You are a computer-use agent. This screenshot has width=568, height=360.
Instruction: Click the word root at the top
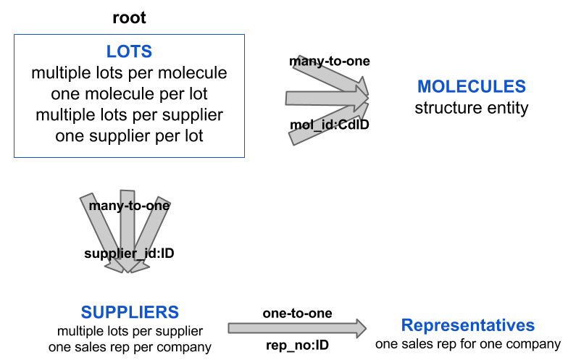pyautogui.click(x=129, y=17)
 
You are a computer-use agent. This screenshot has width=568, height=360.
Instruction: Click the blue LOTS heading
pyautogui.click(x=129, y=52)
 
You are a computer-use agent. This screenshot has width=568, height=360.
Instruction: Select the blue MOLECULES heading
pyautogui.click(x=471, y=87)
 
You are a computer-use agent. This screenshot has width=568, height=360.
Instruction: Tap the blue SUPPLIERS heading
pyautogui.click(x=130, y=312)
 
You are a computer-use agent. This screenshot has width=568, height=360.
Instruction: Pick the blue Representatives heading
pyautogui.click(x=468, y=325)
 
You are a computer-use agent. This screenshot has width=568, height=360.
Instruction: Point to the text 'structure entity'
pyautogui.click(x=471, y=109)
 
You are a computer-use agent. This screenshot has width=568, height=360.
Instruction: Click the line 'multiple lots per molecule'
pyautogui.click(x=129, y=73)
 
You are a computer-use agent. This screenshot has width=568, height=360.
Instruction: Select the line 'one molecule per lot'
pyautogui.click(x=129, y=94)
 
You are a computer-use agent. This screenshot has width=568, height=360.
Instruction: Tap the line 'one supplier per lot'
pyautogui.click(x=129, y=135)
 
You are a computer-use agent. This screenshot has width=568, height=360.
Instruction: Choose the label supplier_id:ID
pyautogui.click(x=129, y=254)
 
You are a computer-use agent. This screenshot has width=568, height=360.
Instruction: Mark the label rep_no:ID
pyautogui.click(x=298, y=346)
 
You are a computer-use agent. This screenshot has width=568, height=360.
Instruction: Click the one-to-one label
pyautogui.click(x=298, y=314)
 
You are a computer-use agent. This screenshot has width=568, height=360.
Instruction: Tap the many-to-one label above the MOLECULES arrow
pyautogui.click(x=330, y=61)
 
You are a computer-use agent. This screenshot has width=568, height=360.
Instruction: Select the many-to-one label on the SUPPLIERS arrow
pyautogui.click(x=129, y=206)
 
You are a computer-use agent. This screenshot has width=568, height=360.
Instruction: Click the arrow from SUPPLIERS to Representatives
pyautogui.click(x=298, y=329)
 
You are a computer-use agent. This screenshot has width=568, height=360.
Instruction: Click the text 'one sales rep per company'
pyautogui.click(x=130, y=347)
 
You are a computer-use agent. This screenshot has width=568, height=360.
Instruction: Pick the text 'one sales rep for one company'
pyautogui.click(x=468, y=343)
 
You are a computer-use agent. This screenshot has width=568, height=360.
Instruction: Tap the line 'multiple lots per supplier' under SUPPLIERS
pyautogui.click(x=130, y=332)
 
